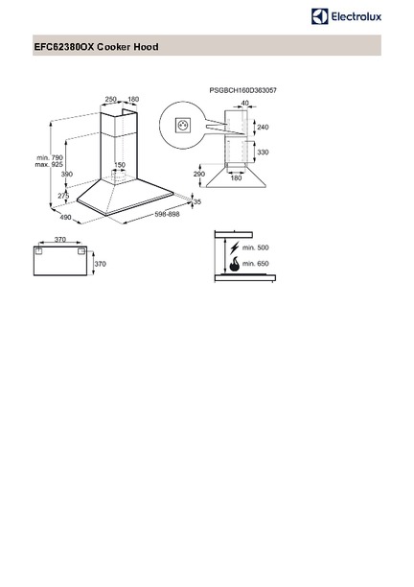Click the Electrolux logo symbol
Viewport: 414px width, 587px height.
click(319, 16)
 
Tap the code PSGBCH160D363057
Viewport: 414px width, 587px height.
click(243, 90)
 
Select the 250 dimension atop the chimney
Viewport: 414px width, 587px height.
click(111, 99)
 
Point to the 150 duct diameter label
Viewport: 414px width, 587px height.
click(120, 165)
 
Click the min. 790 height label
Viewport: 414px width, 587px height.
click(50, 158)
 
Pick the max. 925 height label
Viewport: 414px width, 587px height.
click(49, 165)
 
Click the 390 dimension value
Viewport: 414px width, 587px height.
click(66, 174)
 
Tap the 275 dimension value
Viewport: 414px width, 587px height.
click(63, 196)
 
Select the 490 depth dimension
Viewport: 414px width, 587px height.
click(65, 217)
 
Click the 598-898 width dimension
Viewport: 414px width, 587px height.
click(167, 214)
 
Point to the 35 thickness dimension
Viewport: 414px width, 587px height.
click(197, 201)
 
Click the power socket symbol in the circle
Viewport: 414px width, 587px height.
click(181, 125)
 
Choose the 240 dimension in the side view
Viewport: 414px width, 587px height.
click(263, 128)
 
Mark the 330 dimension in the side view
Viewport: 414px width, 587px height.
click(263, 153)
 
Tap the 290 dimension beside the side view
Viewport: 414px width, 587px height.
click(199, 174)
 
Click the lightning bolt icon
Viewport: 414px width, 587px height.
click(235, 247)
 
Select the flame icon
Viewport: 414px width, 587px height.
click(234, 265)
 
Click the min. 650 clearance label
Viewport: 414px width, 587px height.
click(256, 264)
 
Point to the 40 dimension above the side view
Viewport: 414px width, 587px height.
click(245, 103)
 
